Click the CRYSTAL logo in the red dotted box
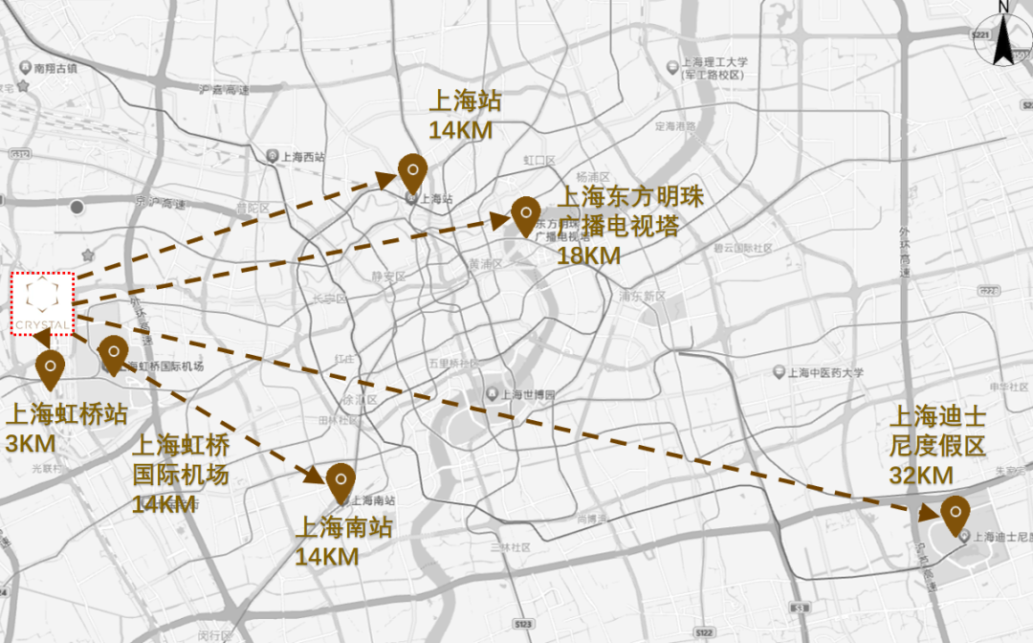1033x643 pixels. point(43,303)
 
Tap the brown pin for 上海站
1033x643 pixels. point(412,173)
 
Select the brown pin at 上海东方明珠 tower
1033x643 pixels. point(523,215)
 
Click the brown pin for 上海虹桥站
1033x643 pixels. point(50,368)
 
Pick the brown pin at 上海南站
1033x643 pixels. point(340,481)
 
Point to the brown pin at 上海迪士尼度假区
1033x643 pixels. point(954,514)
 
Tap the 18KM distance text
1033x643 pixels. point(588,255)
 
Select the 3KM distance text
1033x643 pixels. point(31,444)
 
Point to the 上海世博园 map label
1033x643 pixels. point(527,394)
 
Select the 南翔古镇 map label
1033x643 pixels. point(55,69)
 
